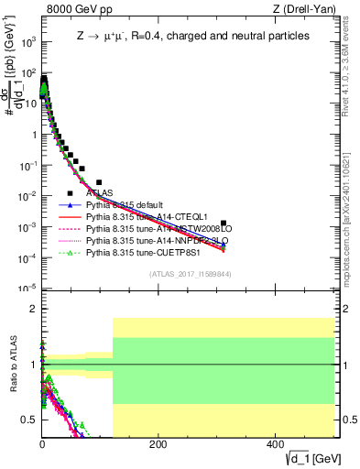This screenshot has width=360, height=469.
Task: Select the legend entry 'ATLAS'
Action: pos(100,193)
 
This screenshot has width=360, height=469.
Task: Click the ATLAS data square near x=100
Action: pos(99,182)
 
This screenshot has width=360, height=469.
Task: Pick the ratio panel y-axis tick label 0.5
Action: pos(29,420)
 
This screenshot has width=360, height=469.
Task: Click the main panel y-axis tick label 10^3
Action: pos(27,42)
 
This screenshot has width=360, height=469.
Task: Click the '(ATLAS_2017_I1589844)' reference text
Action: pos(189,274)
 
